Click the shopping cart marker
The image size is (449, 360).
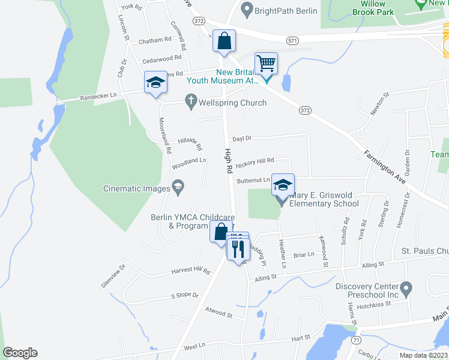266,62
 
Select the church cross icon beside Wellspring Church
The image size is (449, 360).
191,102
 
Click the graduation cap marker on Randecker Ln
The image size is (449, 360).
155,83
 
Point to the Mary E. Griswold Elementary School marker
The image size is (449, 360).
283,185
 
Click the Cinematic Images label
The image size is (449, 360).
137,188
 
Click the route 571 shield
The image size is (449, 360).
292,40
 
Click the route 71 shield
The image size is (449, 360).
356,340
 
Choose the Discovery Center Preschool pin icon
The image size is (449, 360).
406,290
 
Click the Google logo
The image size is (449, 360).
20,353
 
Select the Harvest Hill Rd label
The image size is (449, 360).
191,271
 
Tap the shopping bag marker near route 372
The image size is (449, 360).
224,42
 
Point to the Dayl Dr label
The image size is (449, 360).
242,138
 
